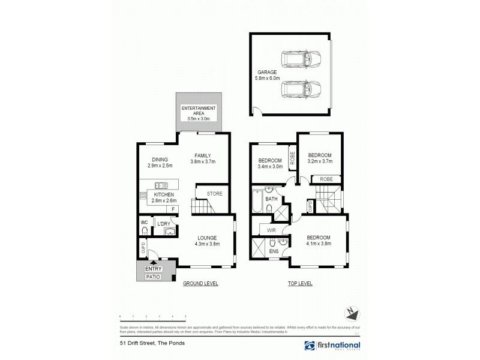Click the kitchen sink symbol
pyautogui.click(x=161, y=185)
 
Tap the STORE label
pyautogui.click(x=215, y=194)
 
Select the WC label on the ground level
pyautogui.click(x=144, y=223)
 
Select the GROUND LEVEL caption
pyautogui.click(x=200, y=283)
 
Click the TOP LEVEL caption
pyautogui.click(x=299, y=283)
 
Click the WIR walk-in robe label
pyautogui.click(x=262, y=228)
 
